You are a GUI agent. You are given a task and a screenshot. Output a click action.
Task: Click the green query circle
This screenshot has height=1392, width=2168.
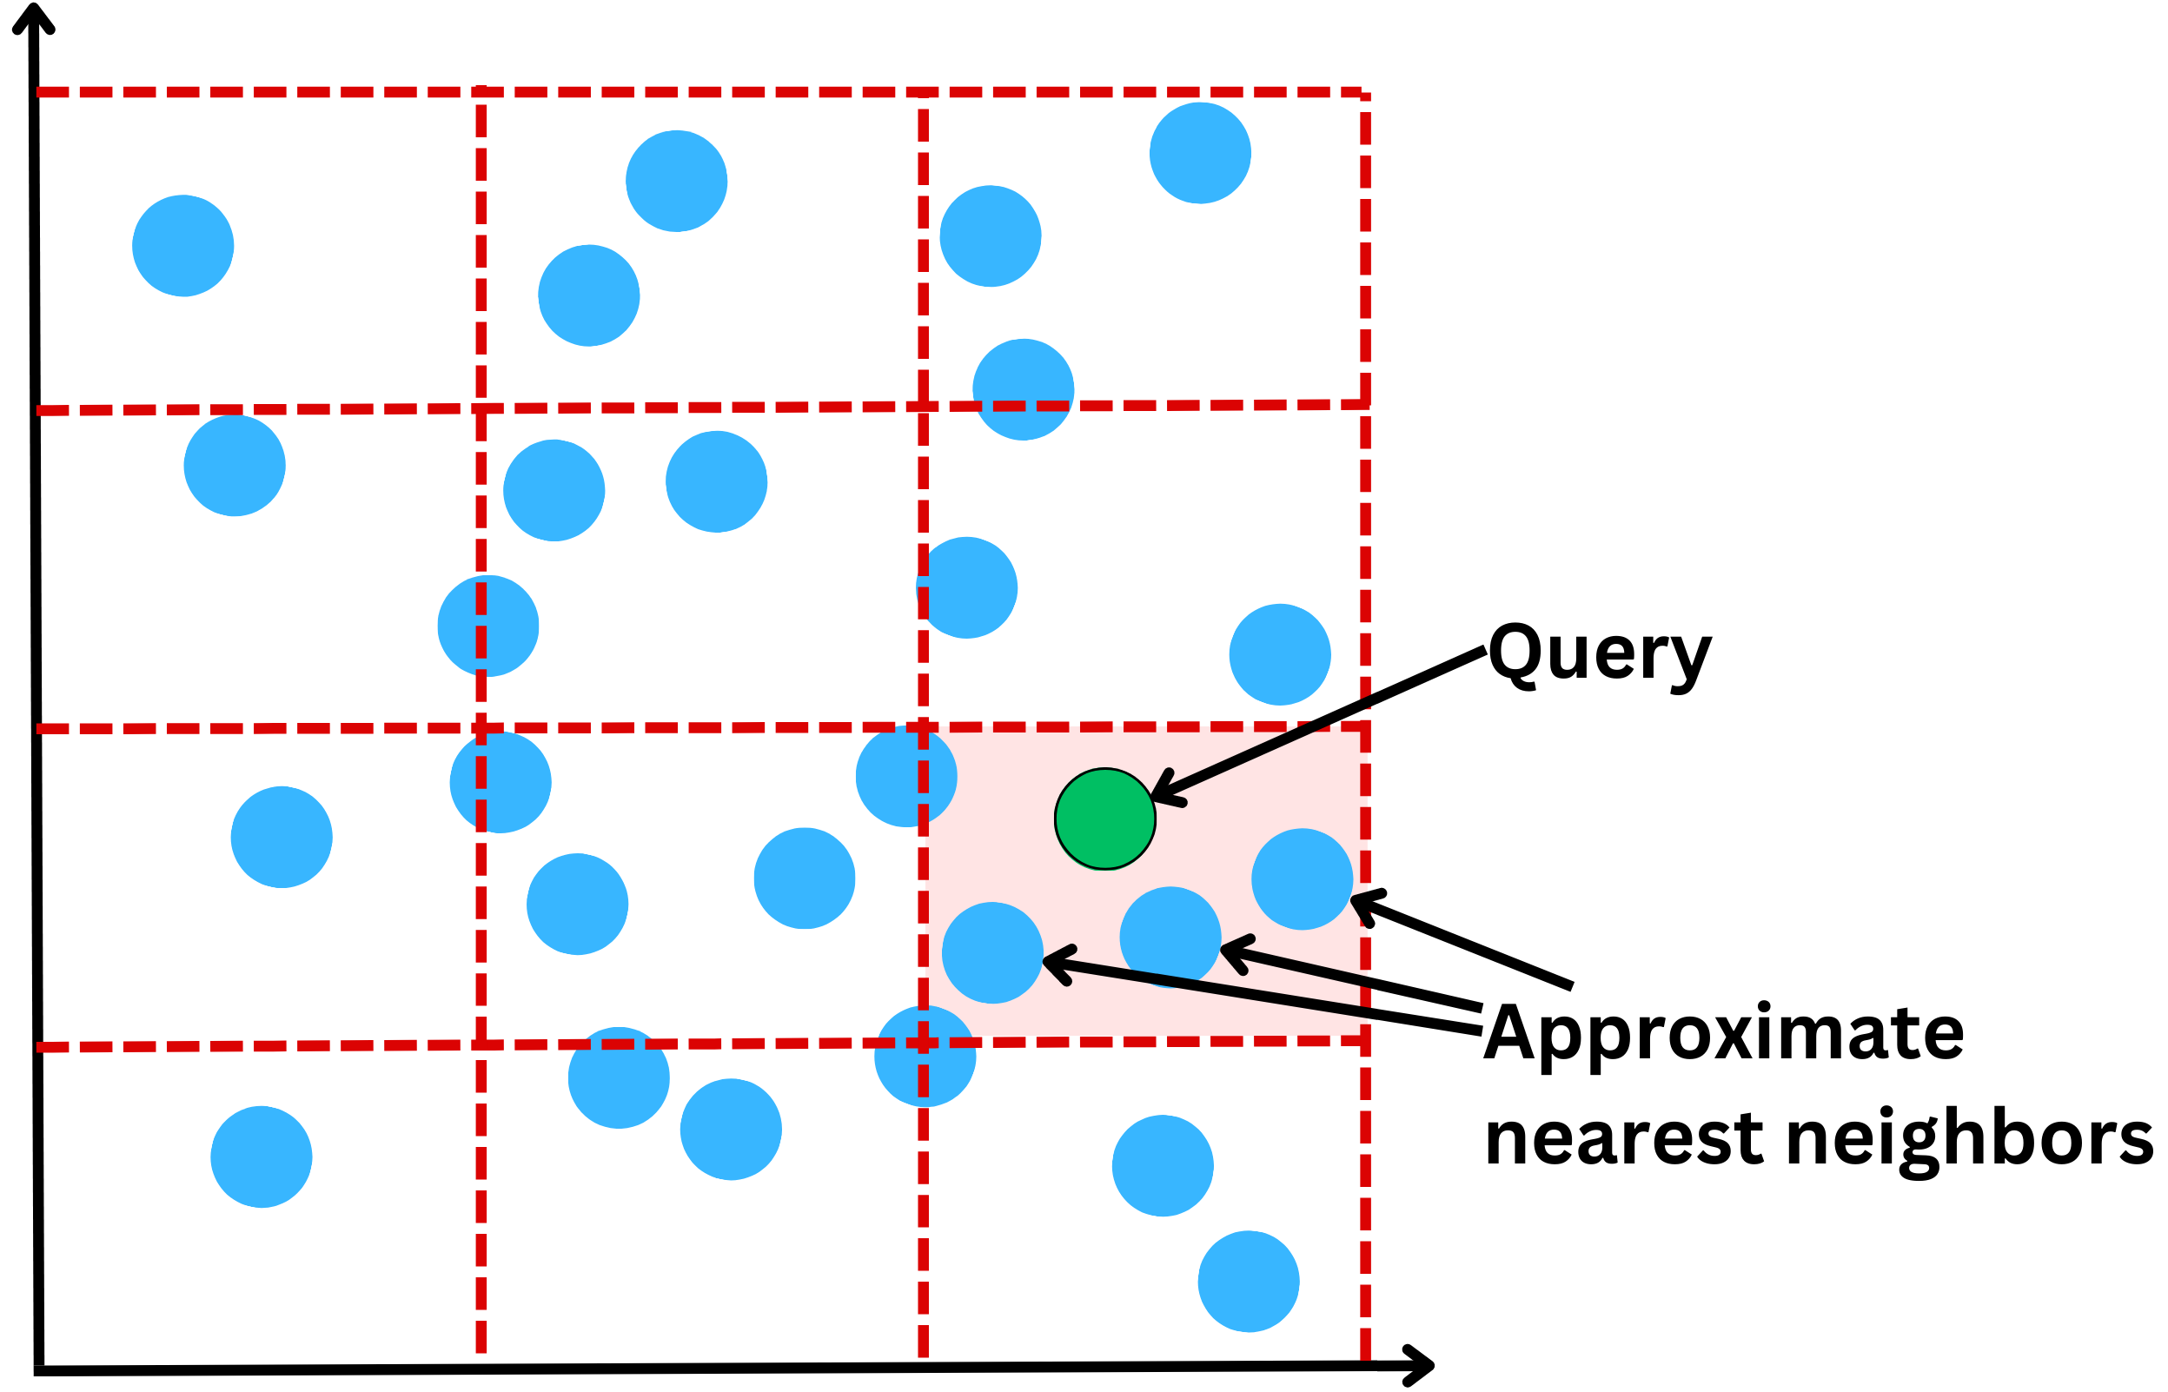click(x=1104, y=819)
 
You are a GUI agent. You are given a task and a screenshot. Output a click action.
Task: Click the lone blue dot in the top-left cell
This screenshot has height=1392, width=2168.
click(x=183, y=246)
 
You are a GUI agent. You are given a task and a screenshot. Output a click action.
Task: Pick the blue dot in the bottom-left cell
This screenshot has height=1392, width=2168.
click(x=262, y=1157)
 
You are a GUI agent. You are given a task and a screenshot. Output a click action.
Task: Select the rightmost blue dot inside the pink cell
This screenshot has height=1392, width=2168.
click(x=1302, y=878)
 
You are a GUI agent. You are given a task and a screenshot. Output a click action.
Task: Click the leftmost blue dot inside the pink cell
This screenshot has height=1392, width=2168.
click(x=992, y=952)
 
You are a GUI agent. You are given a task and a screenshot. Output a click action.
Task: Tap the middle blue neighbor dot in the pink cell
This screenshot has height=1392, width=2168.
click(x=1170, y=937)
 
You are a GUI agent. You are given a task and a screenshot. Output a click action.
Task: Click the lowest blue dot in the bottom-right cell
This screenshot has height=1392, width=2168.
click(x=1248, y=1282)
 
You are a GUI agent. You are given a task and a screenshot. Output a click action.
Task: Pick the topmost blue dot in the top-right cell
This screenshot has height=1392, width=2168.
click(x=1200, y=153)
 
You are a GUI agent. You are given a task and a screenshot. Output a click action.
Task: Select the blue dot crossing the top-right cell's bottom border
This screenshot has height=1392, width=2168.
click(x=1023, y=389)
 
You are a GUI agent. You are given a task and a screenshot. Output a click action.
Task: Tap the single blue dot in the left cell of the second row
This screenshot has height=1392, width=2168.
click(x=235, y=466)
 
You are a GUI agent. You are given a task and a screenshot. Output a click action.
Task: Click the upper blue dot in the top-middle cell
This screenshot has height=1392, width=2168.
click(x=676, y=181)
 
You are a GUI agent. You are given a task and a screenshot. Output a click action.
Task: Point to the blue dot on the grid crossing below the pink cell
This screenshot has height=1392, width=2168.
click(x=925, y=1056)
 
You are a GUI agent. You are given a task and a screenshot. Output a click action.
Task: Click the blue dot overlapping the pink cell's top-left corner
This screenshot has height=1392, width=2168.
click(x=905, y=777)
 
